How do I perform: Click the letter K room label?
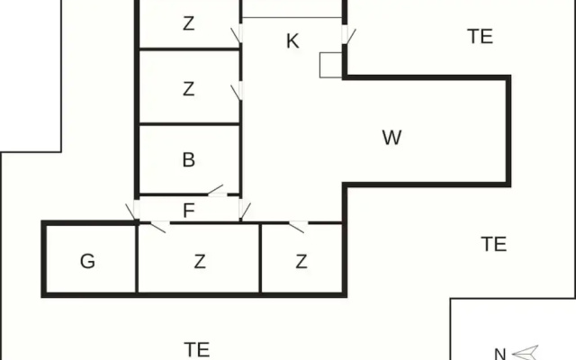pyautogui.click(x=292, y=40)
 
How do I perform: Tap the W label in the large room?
pyautogui.click(x=391, y=138)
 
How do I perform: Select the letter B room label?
pyautogui.click(x=188, y=160)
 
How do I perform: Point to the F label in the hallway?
pyautogui.click(x=188, y=211)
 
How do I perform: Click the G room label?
pyautogui.click(x=87, y=261)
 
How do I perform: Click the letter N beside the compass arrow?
pyautogui.click(x=500, y=354)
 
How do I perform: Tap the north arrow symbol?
pyautogui.click(x=526, y=353)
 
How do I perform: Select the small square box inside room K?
pyautogui.click(x=331, y=65)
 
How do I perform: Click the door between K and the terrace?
pyautogui.click(x=348, y=35)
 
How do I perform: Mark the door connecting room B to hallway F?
pyautogui.click(x=217, y=191)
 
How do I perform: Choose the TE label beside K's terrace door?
pyautogui.click(x=480, y=36)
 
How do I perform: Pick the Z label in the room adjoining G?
pyautogui.click(x=200, y=261)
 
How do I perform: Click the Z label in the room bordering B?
pyautogui.click(x=188, y=89)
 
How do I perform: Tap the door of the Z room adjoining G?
pyautogui.click(x=159, y=226)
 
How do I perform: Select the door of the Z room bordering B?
pyautogui.click(x=237, y=91)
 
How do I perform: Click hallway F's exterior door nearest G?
pyautogui.click(x=132, y=211)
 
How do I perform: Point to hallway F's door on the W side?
pyautogui.click(x=244, y=211)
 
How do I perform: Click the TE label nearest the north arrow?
pyautogui.click(x=494, y=244)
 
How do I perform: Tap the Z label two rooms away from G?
pyautogui.click(x=301, y=261)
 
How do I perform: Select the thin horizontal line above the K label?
pyautogui.click(x=292, y=17)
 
